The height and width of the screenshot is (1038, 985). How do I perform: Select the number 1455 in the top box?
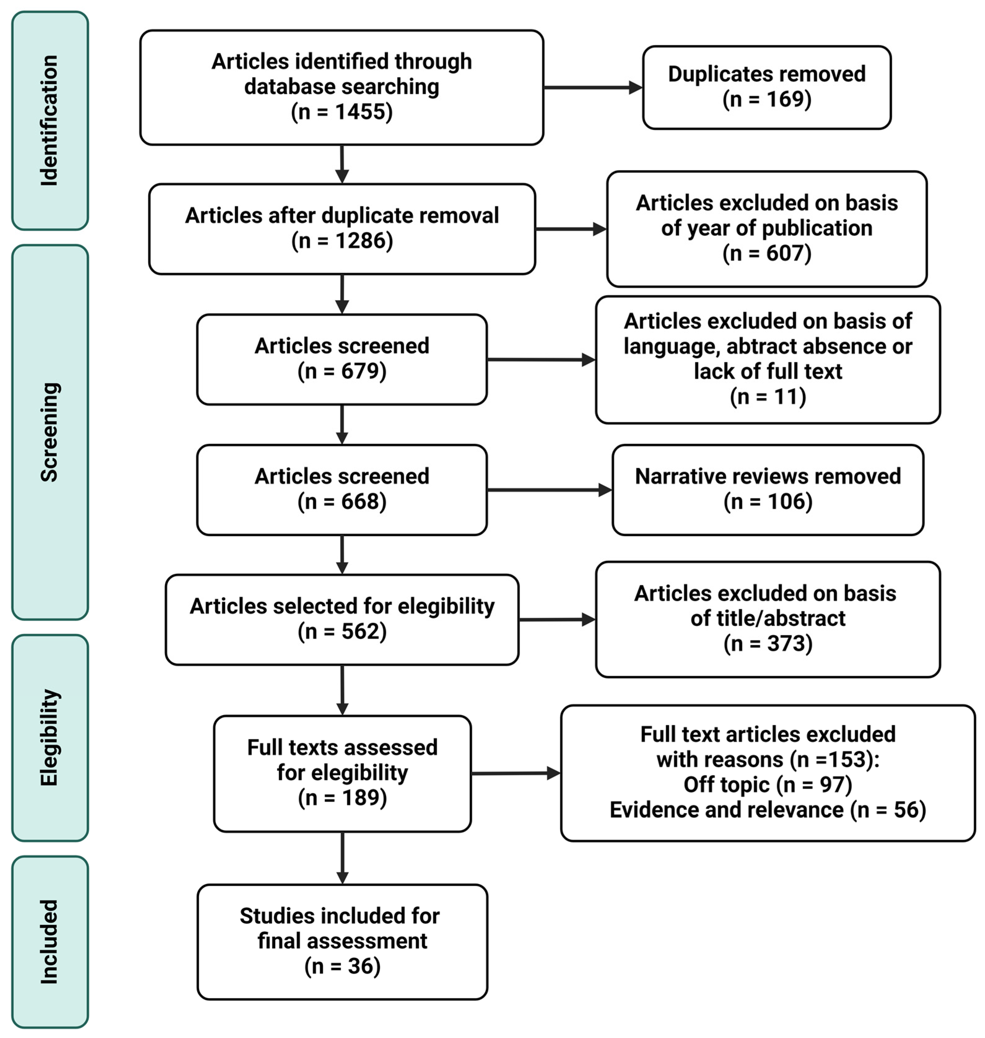363,112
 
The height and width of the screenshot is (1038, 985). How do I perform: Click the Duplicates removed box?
766,87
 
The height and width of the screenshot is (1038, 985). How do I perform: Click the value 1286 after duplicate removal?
363,241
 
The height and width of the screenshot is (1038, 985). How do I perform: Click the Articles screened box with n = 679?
342,359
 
